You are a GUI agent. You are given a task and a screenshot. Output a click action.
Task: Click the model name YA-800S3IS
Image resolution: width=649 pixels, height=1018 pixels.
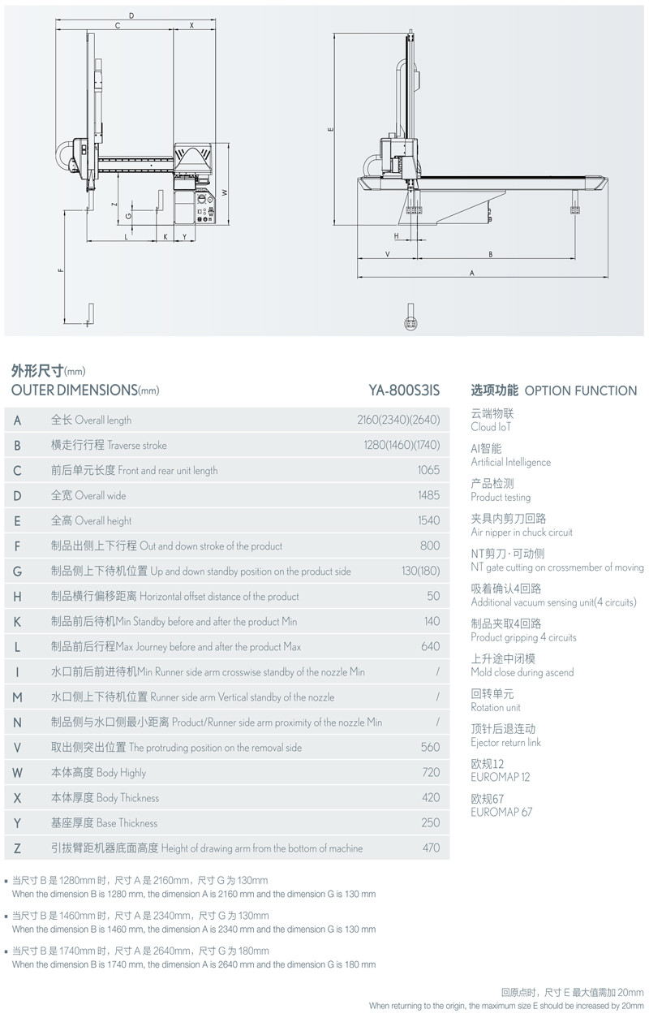[x=404, y=390]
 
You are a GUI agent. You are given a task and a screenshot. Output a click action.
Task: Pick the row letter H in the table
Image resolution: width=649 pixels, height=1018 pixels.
[x=18, y=596]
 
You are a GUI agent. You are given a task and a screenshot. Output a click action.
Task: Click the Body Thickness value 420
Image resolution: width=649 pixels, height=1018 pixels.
[x=431, y=797]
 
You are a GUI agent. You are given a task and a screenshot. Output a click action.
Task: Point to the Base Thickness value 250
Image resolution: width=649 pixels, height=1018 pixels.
[x=431, y=822]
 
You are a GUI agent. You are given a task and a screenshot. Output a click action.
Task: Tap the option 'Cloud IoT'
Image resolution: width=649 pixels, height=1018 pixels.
[x=491, y=427]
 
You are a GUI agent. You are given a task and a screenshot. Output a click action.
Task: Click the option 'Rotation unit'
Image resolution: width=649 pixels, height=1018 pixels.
[x=496, y=707]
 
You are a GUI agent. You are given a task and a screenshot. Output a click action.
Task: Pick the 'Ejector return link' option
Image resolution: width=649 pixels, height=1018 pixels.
[x=505, y=742]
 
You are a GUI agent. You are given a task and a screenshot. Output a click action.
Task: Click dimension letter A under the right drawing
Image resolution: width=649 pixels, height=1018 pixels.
[x=471, y=274]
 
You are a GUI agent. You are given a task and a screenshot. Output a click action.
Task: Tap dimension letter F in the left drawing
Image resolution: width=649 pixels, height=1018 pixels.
[x=60, y=270]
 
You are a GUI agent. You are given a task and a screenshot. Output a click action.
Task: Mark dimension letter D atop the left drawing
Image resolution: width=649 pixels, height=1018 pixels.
[x=131, y=16]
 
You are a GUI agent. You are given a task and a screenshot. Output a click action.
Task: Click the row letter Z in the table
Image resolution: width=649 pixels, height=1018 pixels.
[x=18, y=848]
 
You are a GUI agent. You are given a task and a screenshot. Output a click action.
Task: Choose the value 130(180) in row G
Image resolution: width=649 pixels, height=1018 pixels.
[x=420, y=571]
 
